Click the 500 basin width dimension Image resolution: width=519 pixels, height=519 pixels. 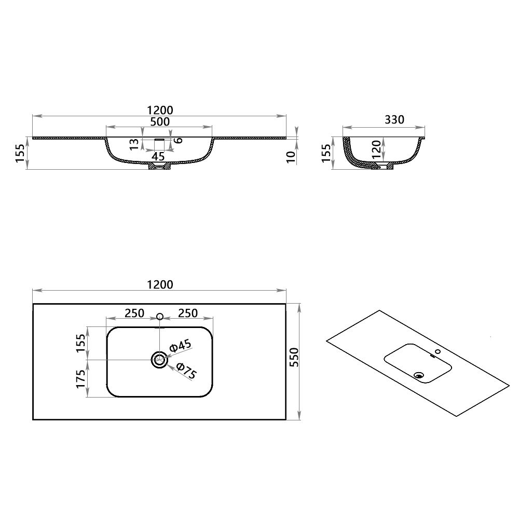[x=159, y=122]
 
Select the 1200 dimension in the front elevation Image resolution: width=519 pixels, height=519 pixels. [x=159, y=110]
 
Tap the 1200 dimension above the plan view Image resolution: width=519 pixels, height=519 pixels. [x=159, y=284]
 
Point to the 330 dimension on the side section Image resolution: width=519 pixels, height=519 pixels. [x=394, y=120]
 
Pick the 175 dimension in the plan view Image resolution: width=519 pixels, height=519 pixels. [x=80, y=378]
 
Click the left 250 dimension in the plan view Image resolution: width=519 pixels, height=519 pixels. [x=133, y=313]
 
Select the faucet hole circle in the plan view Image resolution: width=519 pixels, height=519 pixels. [x=160, y=316]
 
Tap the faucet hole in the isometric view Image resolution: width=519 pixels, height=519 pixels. [x=439, y=351]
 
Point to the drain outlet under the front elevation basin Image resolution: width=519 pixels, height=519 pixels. [x=159, y=167]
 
